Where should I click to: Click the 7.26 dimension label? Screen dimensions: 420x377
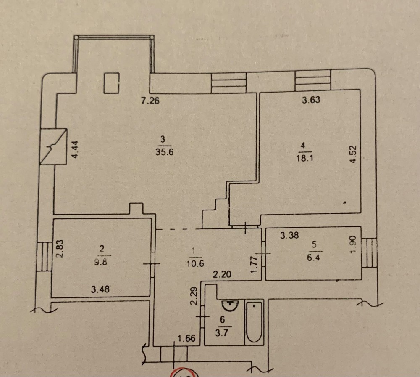[x=150, y=101]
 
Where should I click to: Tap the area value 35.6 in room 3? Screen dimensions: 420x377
[x=164, y=152]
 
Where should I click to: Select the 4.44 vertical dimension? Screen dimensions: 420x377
[x=76, y=149]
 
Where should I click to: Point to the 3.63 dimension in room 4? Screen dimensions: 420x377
[x=311, y=100]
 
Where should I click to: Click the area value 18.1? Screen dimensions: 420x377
[x=304, y=158]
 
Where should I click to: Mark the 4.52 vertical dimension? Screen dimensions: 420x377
[x=354, y=154]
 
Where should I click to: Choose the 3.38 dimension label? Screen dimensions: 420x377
[x=289, y=236]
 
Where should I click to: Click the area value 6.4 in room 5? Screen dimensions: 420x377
[x=313, y=258]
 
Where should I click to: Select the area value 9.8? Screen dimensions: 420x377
[x=101, y=262]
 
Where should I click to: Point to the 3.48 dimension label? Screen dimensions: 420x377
[x=100, y=289]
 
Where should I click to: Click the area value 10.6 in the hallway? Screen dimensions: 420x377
[x=196, y=263]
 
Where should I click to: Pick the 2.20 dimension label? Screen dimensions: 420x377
[x=222, y=274]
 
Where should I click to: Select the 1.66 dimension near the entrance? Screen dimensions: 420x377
[x=186, y=339]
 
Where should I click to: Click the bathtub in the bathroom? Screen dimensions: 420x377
[x=254, y=322]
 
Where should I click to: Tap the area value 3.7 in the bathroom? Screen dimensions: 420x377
[x=221, y=333]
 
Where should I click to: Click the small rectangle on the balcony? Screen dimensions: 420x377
[x=111, y=83]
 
